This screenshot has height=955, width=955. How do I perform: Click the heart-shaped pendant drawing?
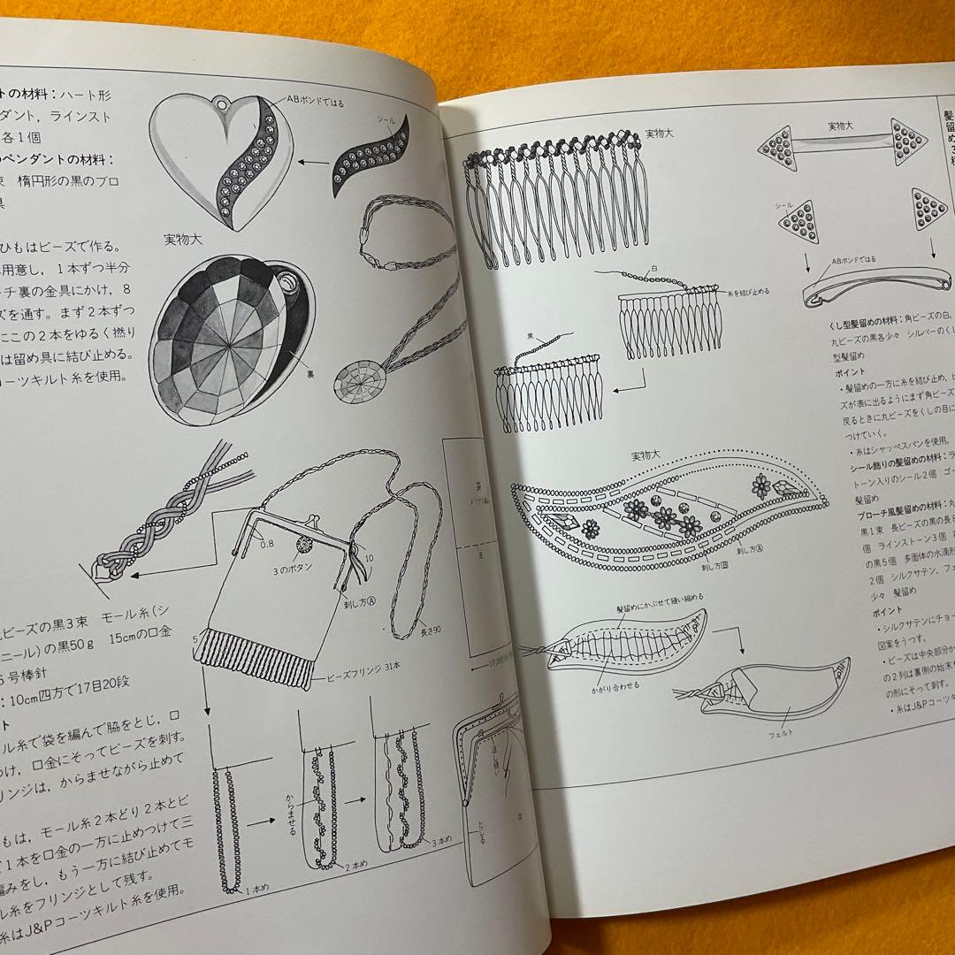point(220,159)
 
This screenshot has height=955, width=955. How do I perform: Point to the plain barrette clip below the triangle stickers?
point(875,291)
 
